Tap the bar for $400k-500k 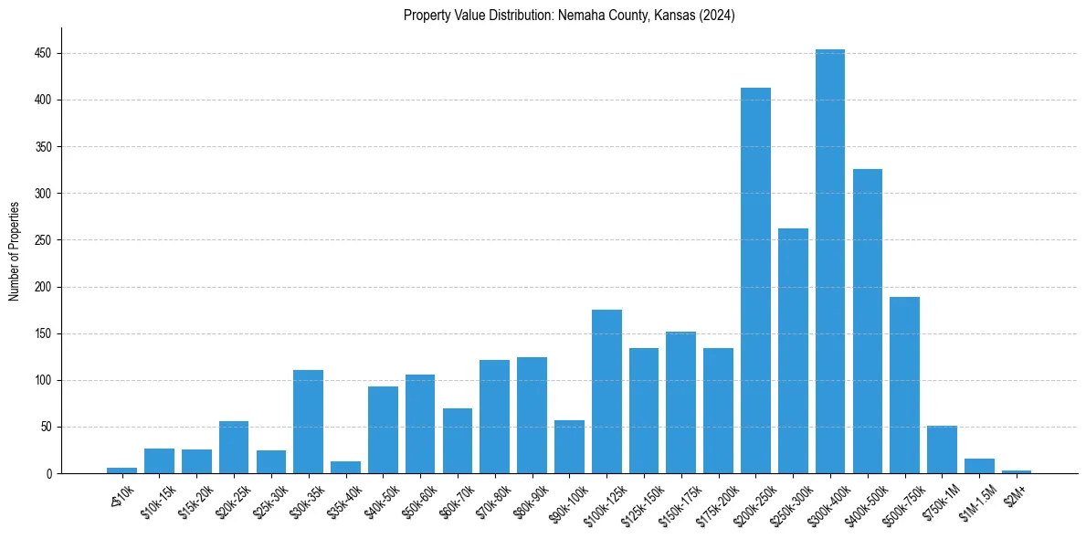point(867,321)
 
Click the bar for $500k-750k point(904,385)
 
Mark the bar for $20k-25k point(234,447)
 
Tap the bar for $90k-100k point(569,447)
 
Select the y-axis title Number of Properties point(14,250)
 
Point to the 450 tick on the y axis point(44,54)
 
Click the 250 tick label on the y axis point(44,240)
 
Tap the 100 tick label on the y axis point(44,380)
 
